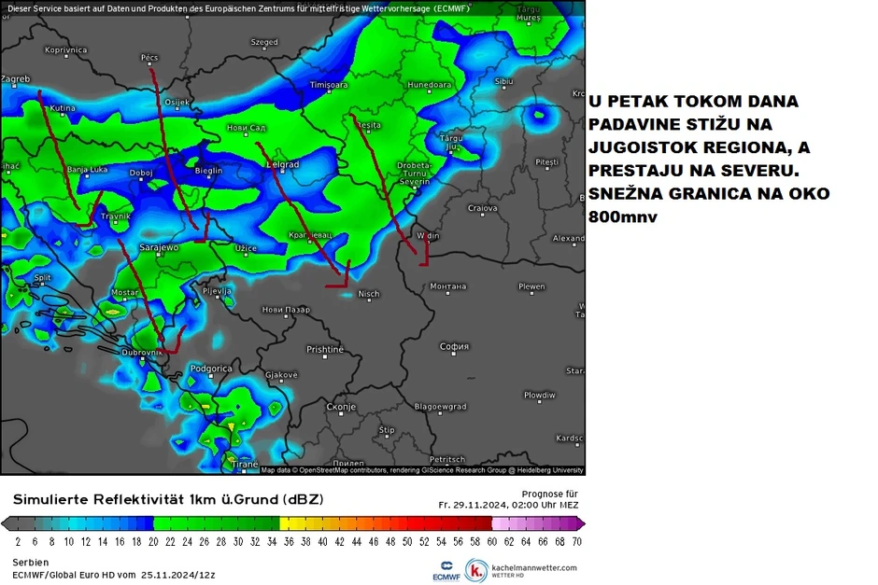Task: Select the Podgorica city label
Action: coord(210,369)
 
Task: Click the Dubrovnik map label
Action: coord(141,352)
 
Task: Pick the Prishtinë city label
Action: coord(325,349)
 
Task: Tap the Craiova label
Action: coord(482,207)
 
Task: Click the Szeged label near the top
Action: coord(264,42)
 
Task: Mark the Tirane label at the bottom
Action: coord(244,464)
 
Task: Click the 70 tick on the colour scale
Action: coord(577,540)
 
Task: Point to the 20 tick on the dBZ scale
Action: coord(153,540)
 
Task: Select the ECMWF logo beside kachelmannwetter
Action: coord(446,570)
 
